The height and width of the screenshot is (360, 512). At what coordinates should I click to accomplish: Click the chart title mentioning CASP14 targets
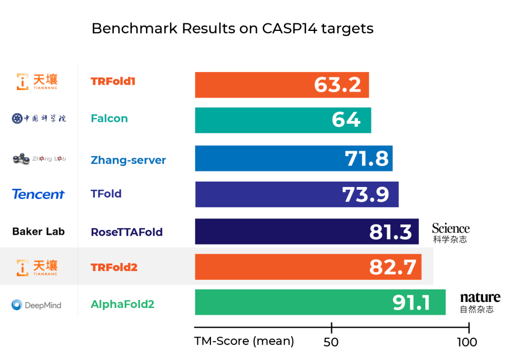pyautogui.click(x=232, y=29)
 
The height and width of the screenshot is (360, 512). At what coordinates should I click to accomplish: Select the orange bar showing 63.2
pyautogui.click(x=281, y=85)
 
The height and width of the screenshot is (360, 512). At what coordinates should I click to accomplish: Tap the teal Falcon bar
pyautogui.click(x=283, y=120)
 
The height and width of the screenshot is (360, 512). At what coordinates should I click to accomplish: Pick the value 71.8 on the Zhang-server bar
pyautogui.click(x=367, y=158)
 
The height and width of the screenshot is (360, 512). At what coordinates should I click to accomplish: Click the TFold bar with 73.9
pyautogui.click(x=296, y=194)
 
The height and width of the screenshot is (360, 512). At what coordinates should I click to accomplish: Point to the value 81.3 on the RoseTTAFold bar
pyautogui.click(x=391, y=232)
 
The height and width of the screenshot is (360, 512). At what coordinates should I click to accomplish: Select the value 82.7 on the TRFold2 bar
pyautogui.click(x=393, y=267)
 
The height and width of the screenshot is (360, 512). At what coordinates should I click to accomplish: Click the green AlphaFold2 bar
pyautogui.click(x=320, y=303)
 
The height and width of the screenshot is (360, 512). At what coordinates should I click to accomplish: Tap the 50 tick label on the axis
pyautogui.click(x=331, y=342)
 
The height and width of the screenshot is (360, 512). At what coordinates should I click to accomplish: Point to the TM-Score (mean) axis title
pyautogui.click(x=244, y=342)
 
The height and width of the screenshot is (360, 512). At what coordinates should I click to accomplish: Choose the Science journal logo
pyautogui.click(x=451, y=233)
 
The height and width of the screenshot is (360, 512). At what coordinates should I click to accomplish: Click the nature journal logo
pyautogui.click(x=480, y=303)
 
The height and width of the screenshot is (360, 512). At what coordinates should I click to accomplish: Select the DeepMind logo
pyautogui.click(x=36, y=305)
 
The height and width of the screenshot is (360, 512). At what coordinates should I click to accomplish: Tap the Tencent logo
pyautogui.click(x=39, y=194)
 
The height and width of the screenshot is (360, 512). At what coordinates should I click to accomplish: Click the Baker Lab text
pyautogui.click(x=39, y=232)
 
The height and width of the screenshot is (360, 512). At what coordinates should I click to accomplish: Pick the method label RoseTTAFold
pyautogui.click(x=126, y=232)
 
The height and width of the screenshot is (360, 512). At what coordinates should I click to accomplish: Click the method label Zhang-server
pyautogui.click(x=128, y=160)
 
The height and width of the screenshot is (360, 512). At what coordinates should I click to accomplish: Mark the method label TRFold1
pyautogui.click(x=113, y=82)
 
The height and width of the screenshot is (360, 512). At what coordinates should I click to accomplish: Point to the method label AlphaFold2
pyautogui.click(x=123, y=304)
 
